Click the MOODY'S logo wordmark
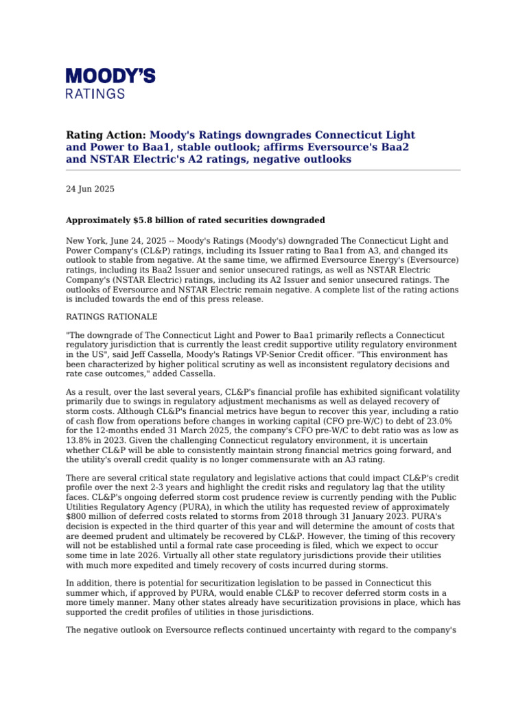click(x=110, y=76)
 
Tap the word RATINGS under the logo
click(x=95, y=93)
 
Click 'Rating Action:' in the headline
click(x=106, y=135)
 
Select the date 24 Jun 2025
click(x=90, y=189)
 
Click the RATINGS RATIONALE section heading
click(x=111, y=316)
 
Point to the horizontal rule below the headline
click(x=263, y=170)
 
